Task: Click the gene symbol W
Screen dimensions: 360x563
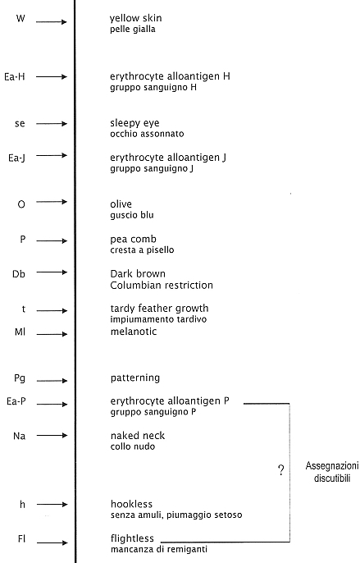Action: [21, 18]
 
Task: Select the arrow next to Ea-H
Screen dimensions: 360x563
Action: [52, 76]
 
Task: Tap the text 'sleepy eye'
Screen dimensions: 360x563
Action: [134, 123]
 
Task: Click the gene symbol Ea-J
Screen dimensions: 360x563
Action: [16, 158]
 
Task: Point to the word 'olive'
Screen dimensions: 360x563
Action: [121, 204]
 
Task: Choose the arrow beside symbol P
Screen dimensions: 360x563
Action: [52, 240]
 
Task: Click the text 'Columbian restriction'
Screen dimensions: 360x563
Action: [162, 285]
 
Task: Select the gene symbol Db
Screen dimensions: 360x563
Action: [19, 274]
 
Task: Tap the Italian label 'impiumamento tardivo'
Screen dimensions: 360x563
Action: [158, 319]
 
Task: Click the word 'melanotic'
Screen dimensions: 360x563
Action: [134, 331]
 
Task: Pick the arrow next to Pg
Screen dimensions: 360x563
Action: [52, 381]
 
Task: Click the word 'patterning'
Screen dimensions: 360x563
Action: [135, 378]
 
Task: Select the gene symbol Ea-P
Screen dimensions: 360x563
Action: [16, 401]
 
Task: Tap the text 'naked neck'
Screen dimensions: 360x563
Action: [138, 436]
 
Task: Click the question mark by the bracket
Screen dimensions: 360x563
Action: [281, 470]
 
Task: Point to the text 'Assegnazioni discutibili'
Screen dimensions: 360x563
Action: [331, 472]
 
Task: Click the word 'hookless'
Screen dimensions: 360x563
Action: [131, 504]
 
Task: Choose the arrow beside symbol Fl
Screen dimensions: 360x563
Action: [52, 542]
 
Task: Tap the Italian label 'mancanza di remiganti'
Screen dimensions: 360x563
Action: [159, 549]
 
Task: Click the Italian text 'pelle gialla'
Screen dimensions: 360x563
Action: [133, 29]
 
